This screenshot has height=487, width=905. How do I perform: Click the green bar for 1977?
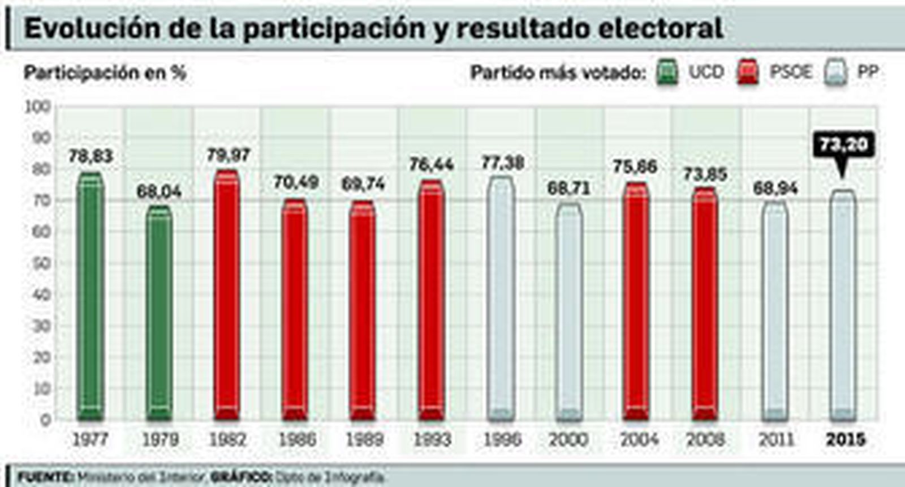tap(90, 297)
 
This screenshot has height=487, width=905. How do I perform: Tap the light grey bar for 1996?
tap(501, 300)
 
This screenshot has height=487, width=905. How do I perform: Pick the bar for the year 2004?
tap(637, 303)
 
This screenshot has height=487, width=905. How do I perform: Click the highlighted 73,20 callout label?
tap(843, 145)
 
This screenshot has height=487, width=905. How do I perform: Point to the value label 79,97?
tap(228, 155)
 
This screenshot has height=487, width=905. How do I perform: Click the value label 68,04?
tap(159, 191)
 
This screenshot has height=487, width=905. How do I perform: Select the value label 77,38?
tap(502, 163)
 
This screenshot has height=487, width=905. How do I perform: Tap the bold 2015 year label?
tap(845, 439)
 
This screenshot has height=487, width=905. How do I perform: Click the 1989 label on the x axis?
tap(364, 439)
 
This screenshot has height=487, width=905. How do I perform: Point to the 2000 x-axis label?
tap(568, 439)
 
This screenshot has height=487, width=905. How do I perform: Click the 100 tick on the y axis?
tap(38, 106)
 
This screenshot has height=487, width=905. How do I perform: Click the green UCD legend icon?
tap(667, 72)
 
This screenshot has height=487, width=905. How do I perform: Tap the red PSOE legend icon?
tap(748, 72)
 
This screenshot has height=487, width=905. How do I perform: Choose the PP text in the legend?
tap(868, 72)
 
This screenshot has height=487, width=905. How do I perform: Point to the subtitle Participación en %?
tap(105, 72)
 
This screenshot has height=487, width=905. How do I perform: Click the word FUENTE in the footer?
tap(45, 477)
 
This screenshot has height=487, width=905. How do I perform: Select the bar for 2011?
tap(774, 311)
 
